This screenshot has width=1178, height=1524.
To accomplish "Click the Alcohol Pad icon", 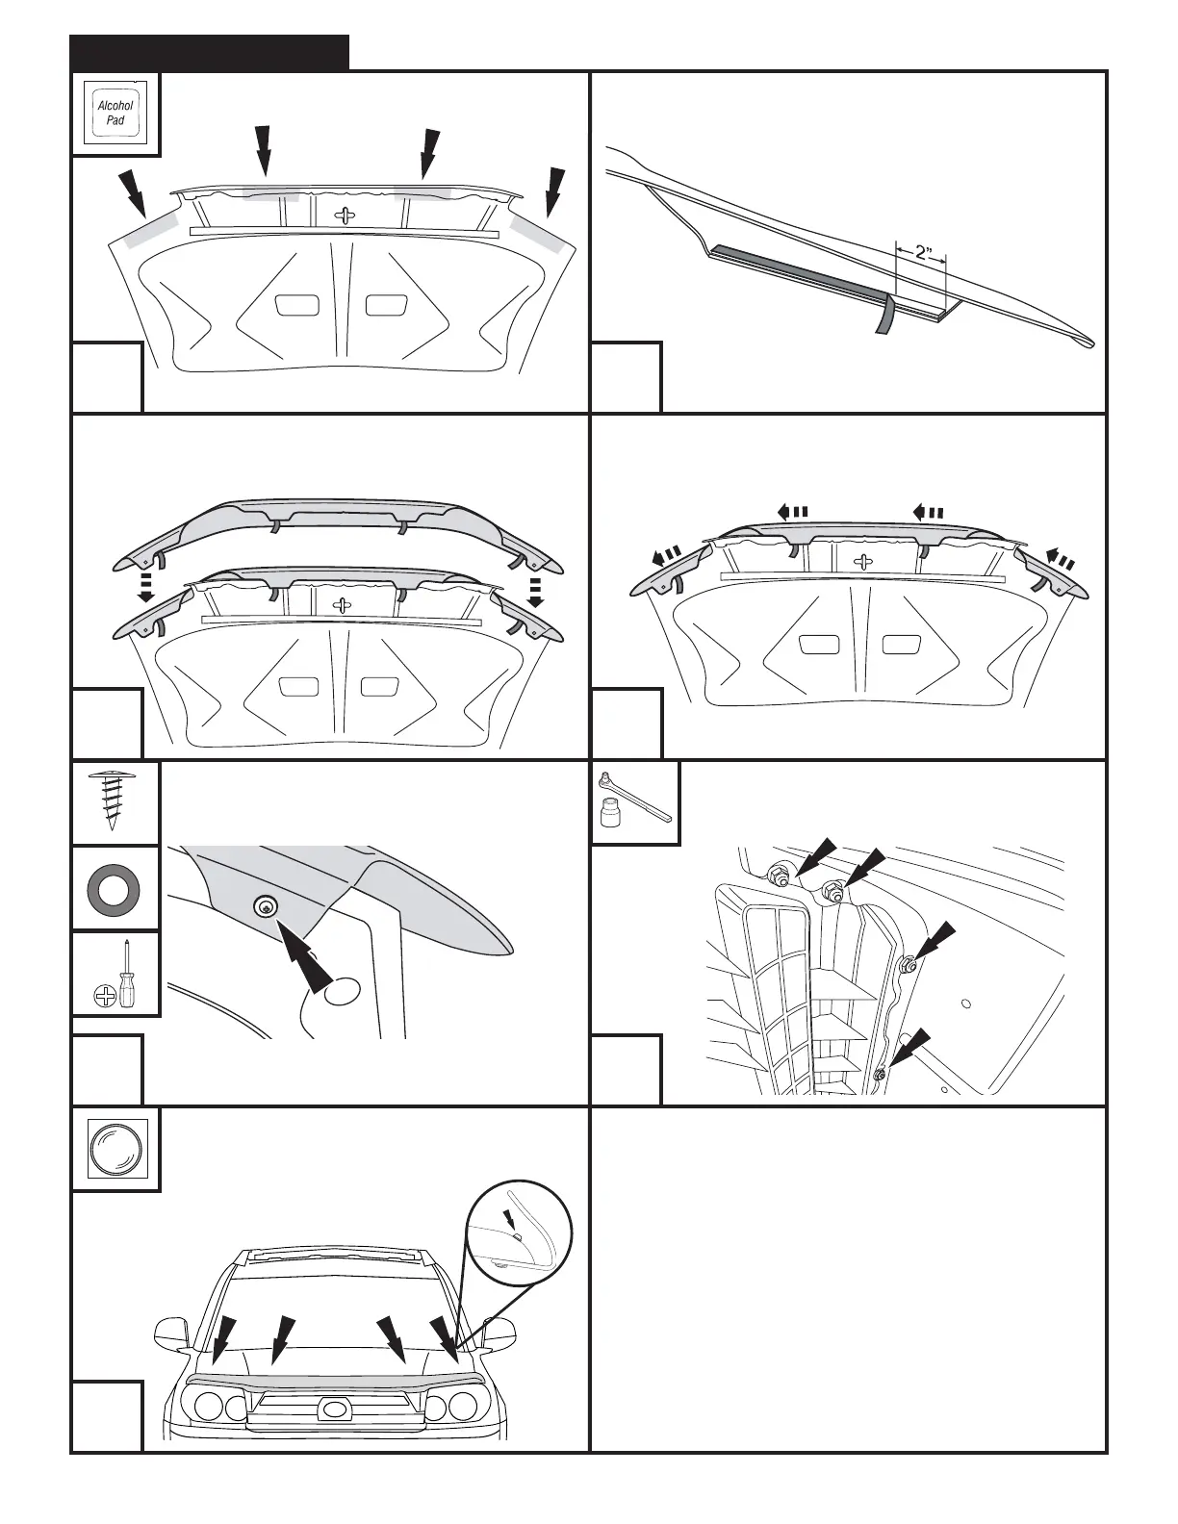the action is tap(115, 114).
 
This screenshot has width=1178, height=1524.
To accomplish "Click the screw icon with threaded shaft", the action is tap(115, 800).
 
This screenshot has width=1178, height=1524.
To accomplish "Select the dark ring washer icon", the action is tap(115, 888).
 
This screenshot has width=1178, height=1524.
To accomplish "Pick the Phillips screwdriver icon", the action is tap(115, 974).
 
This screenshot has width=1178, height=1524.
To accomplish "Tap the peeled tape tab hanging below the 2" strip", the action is tap(883, 315).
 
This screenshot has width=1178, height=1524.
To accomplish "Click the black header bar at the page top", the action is tap(210, 53).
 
